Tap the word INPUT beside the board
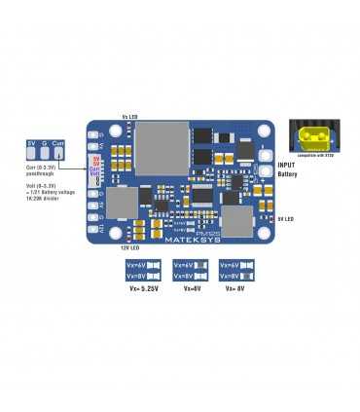click(x=287, y=166)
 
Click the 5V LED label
click(x=286, y=219)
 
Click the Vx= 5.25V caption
click(x=144, y=288)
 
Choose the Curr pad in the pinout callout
click(x=58, y=143)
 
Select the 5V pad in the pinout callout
click(x=31, y=143)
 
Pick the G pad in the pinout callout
click(x=44, y=143)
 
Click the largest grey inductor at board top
click(x=160, y=146)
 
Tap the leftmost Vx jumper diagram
click(x=144, y=270)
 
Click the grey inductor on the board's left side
click(x=122, y=202)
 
